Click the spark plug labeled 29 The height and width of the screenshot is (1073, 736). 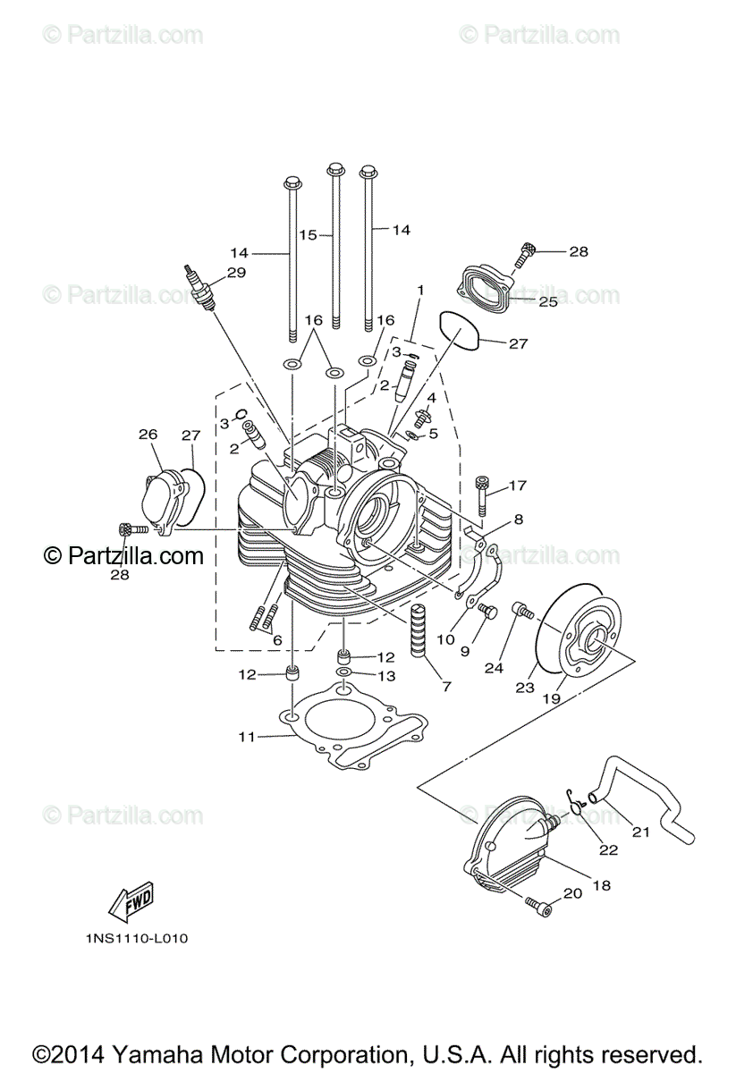click(201, 291)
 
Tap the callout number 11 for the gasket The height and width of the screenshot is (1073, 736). click(247, 736)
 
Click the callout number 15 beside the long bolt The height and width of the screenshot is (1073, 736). click(308, 235)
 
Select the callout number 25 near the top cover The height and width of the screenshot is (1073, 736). click(547, 302)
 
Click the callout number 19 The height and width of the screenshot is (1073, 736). click(553, 697)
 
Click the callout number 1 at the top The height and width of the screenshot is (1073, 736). click(419, 291)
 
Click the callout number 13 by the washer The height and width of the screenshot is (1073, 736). click(386, 676)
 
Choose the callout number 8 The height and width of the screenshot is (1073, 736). click(518, 519)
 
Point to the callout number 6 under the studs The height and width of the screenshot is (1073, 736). click(276, 640)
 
